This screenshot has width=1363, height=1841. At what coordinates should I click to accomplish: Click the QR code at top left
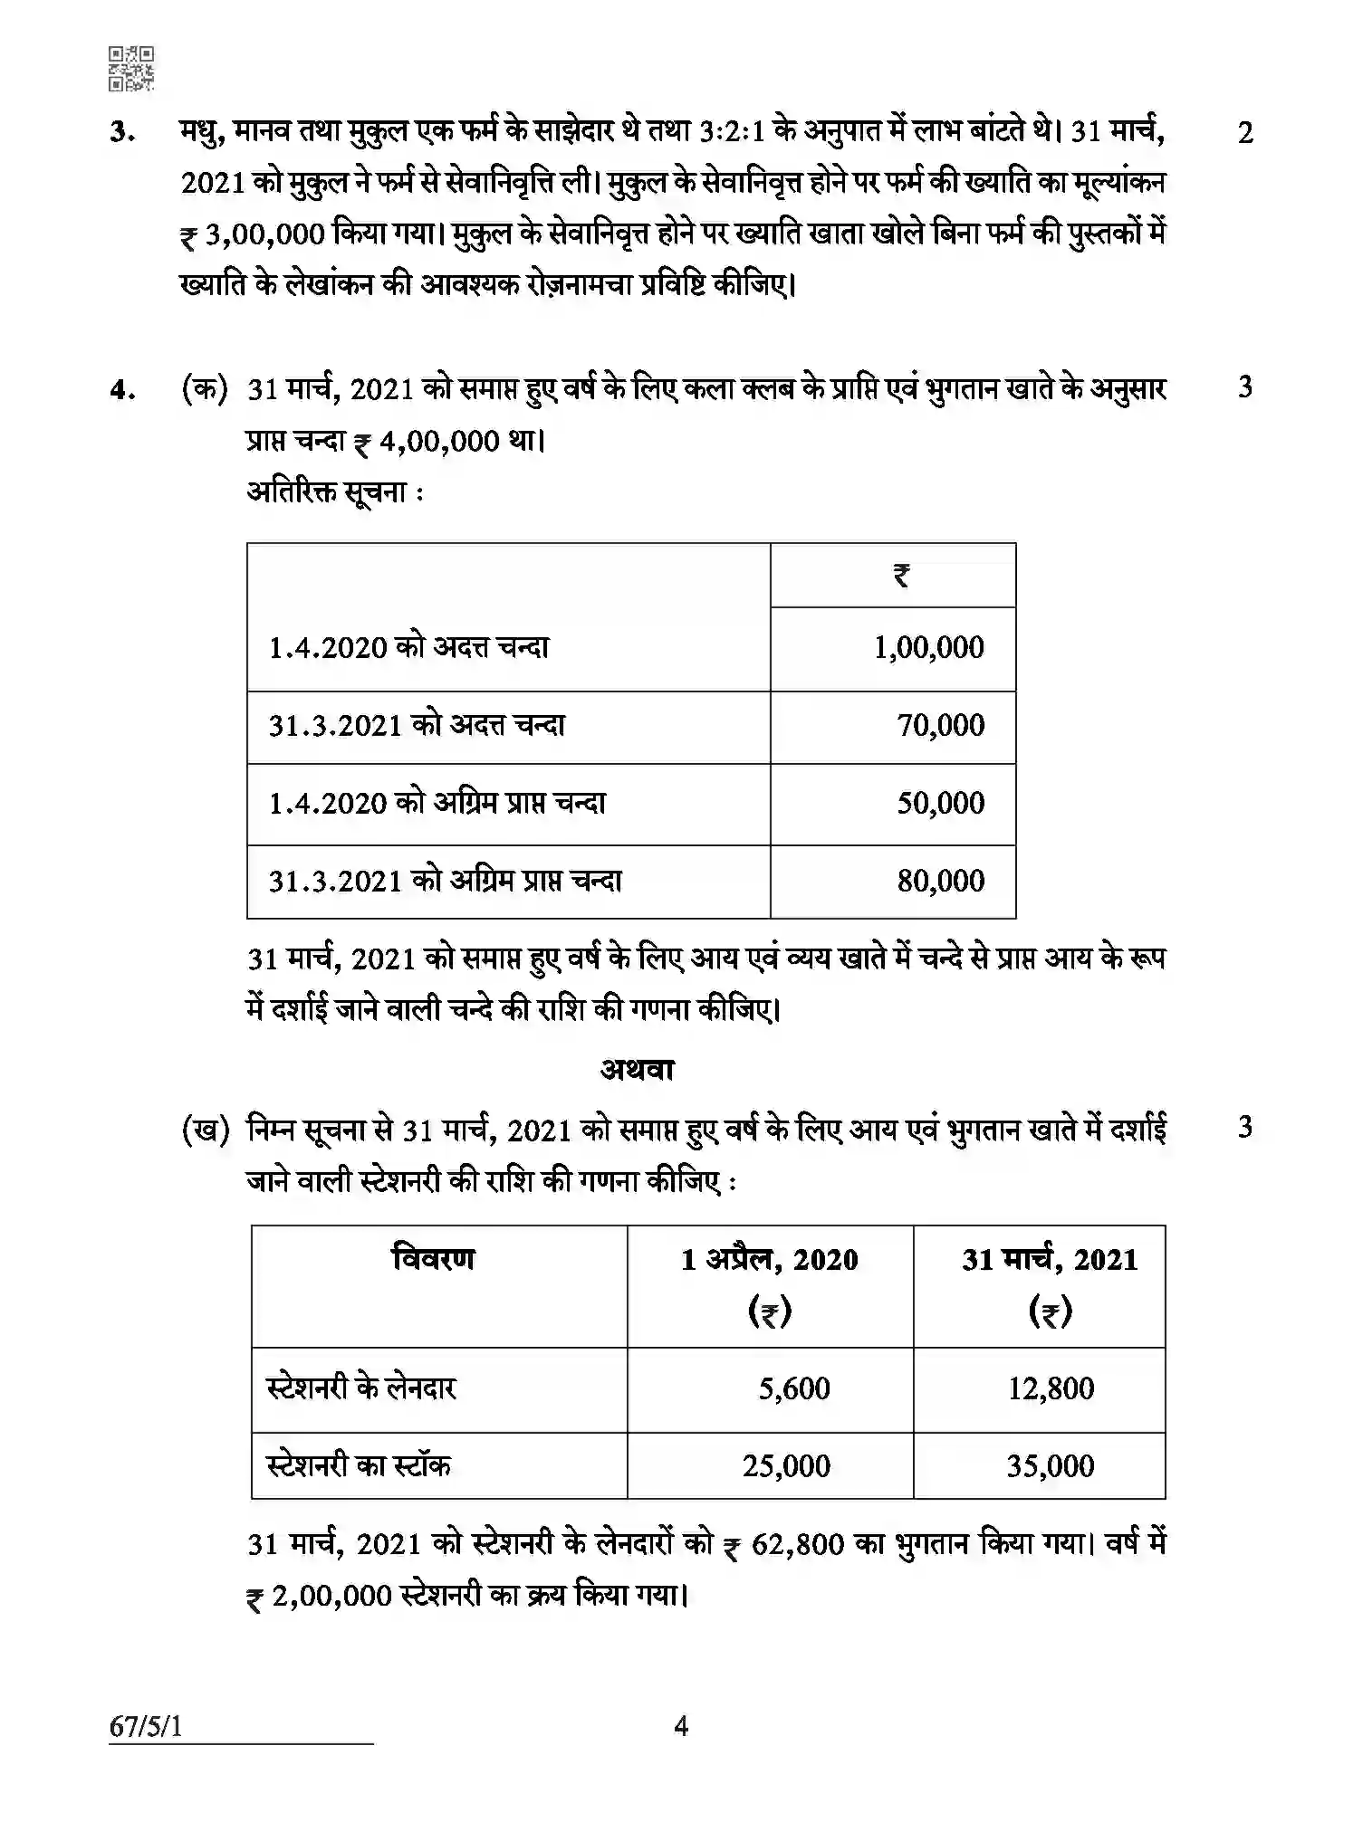click(x=131, y=69)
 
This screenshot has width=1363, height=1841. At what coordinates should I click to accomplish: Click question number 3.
click(x=122, y=133)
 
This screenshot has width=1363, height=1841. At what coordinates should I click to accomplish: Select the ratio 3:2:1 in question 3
click(x=732, y=132)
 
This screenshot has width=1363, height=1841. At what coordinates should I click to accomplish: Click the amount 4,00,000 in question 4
click(x=439, y=443)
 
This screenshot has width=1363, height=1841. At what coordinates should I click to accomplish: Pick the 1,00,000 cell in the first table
click(x=928, y=648)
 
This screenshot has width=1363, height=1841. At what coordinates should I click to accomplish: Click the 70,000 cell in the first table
click(x=940, y=726)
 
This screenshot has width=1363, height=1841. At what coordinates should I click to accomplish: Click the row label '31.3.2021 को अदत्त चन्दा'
click(x=417, y=726)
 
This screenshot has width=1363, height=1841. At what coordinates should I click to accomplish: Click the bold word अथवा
click(x=638, y=1071)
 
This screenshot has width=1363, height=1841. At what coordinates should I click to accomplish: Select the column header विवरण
click(x=434, y=1260)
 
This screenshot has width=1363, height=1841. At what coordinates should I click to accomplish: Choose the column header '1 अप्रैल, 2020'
click(x=770, y=1261)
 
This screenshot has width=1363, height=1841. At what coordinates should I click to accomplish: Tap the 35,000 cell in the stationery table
click(x=1051, y=1466)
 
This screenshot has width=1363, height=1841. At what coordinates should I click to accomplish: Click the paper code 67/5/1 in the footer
click(x=146, y=1727)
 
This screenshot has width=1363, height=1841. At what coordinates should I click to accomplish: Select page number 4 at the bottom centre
click(x=681, y=1727)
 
